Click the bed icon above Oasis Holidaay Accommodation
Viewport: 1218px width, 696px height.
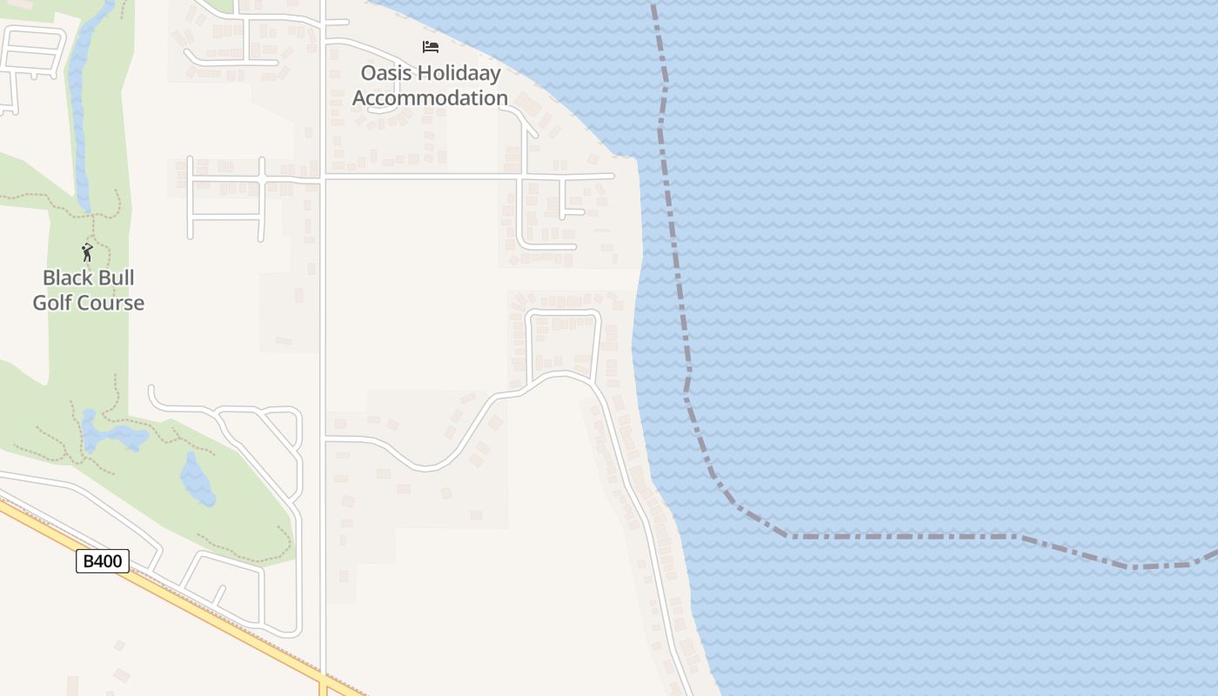point(430,47)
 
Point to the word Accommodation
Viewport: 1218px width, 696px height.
point(430,98)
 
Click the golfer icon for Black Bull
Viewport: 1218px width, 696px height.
point(87,252)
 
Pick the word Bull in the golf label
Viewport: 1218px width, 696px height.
point(114,278)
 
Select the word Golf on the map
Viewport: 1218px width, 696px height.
point(52,304)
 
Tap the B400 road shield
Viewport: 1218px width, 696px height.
point(103,562)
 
